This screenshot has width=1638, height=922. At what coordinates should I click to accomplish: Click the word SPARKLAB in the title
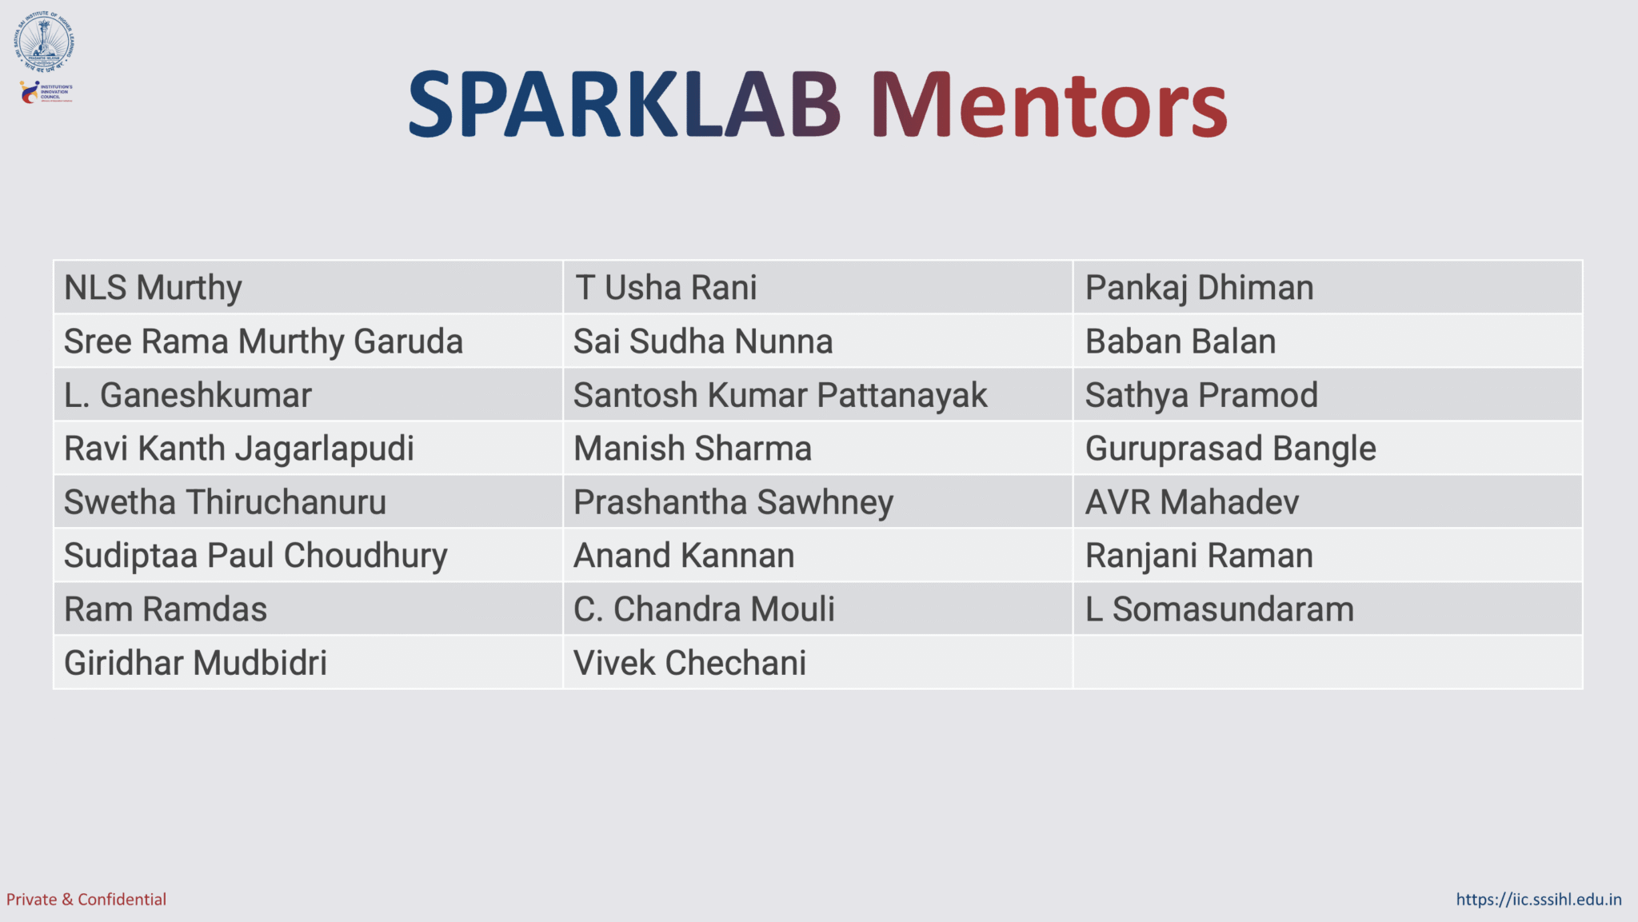(x=624, y=105)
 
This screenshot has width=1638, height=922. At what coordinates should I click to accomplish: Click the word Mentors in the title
(x=1049, y=105)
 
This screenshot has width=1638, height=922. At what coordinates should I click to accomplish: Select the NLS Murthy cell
(x=153, y=288)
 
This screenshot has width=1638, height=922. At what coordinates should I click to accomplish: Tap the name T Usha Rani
(x=665, y=288)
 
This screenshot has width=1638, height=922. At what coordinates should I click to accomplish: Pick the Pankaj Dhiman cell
(x=1199, y=288)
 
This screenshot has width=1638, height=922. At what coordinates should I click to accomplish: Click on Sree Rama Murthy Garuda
(x=263, y=341)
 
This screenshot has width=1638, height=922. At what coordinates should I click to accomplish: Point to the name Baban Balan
(x=1180, y=341)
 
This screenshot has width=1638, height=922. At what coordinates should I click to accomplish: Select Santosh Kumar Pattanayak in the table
(x=780, y=395)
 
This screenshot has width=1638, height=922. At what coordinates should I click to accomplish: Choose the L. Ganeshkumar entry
(x=187, y=395)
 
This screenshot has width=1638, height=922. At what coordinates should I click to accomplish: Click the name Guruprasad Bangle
(x=1230, y=449)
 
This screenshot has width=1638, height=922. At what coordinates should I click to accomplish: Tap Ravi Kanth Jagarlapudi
(x=238, y=449)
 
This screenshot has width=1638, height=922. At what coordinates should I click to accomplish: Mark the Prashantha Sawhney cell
(x=733, y=502)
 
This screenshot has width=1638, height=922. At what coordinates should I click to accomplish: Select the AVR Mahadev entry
(x=1192, y=502)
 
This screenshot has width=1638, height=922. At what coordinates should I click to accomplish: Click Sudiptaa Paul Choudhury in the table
(x=255, y=556)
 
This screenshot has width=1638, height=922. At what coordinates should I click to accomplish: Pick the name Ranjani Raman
(x=1199, y=556)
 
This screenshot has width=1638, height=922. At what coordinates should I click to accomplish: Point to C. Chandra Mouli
(x=704, y=609)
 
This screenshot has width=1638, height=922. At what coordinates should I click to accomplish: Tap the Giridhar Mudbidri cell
(x=195, y=663)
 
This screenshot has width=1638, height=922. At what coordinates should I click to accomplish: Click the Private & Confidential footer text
(x=86, y=900)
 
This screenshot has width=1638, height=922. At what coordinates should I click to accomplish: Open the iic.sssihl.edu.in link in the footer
(x=1538, y=900)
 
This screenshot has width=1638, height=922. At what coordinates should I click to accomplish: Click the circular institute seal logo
(x=44, y=42)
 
